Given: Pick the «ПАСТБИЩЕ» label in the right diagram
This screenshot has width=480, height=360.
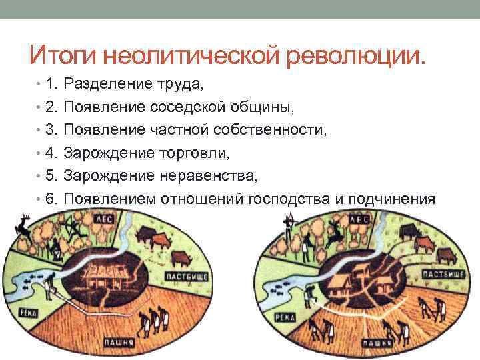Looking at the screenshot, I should (x=457, y=275).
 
